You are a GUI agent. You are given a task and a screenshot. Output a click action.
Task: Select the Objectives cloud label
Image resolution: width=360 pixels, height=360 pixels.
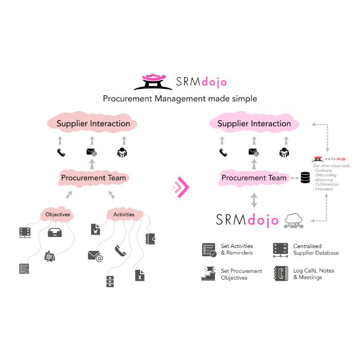tap(58, 214)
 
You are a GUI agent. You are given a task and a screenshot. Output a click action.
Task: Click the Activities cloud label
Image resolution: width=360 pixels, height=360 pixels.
tap(123, 214)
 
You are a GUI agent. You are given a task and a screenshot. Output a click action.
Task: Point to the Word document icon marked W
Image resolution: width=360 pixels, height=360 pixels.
tap(96, 229)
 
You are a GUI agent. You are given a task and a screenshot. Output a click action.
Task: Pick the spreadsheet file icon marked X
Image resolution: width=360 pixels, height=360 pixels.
tap(139, 275)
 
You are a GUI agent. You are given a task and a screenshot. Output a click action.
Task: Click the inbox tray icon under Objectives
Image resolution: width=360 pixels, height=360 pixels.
tap(56, 232)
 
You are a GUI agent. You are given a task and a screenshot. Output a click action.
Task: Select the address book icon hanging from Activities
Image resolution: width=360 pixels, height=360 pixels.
tap(150, 239)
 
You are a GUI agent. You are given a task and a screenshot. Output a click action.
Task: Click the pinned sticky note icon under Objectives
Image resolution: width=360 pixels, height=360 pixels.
tap(50, 256)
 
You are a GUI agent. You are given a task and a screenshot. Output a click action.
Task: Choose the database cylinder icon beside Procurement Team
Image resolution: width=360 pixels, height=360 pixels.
tap(305, 178)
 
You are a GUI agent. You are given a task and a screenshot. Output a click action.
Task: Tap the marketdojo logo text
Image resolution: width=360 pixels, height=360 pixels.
tap(335, 159)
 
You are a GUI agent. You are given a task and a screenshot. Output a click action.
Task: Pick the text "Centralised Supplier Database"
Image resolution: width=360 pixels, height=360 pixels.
tap(316, 249)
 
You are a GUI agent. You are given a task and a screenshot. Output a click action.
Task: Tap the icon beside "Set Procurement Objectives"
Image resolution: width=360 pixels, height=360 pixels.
tap(208, 274)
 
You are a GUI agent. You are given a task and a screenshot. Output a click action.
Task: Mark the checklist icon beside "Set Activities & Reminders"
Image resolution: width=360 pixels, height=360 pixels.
tap(209, 249)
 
